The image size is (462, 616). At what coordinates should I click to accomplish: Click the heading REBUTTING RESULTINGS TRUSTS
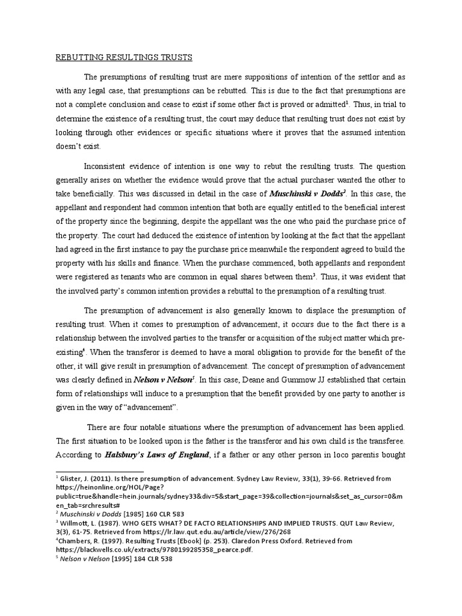(x=124, y=57)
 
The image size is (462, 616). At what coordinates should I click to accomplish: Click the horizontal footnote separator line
(x=100, y=472)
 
